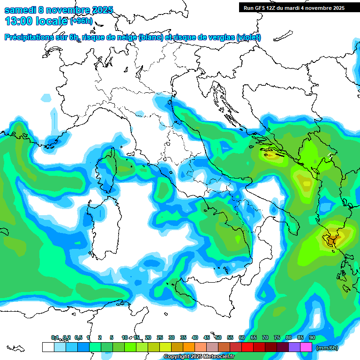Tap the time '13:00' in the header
coord(18,21)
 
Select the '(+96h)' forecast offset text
coord(81,21)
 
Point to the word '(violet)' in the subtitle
coord(248,37)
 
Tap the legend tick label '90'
coord(312,338)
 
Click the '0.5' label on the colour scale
coord(78,338)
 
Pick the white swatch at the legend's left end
coord(48,347)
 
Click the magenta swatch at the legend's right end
coord(306,347)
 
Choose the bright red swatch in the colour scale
coord(247,347)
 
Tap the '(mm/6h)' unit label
coord(327,348)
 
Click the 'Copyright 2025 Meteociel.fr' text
coord(199,357)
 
